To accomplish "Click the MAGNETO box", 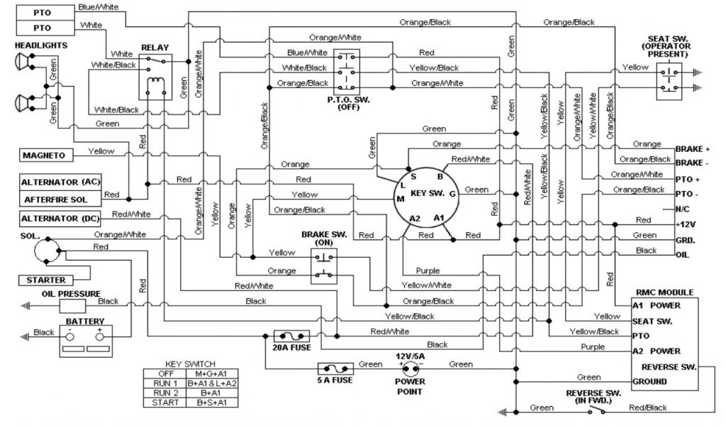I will (x=44, y=155).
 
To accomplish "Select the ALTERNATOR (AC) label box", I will (x=60, y=182).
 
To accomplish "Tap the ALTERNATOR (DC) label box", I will (x=60, y=218).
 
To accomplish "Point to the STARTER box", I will (x=46, y=280).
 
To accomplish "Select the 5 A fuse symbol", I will (x=335, y=368).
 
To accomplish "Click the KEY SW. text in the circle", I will (x=428, y=192).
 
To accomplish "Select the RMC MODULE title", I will (x=664, y=292).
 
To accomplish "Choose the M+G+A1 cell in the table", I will (x=217, y=373).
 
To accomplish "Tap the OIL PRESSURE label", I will (x=71, y=293).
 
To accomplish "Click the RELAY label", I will (x=155, y=48).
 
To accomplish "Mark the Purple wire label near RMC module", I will (x=593, y=347).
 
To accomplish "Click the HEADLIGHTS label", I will (x=40, y=45).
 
